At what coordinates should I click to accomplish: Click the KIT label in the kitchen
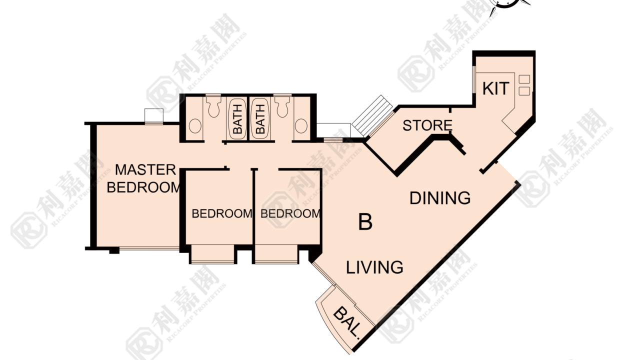pos(495,88)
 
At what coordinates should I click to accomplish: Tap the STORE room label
pos(427,125)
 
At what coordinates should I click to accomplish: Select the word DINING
pos(440,198)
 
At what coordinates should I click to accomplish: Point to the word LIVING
pos(374,267)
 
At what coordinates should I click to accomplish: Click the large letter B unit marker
pos(365,222)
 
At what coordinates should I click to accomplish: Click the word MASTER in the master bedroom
pos(145,169)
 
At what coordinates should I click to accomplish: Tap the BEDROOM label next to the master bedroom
pos(221,213)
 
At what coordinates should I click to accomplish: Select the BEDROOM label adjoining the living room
pos(290,213)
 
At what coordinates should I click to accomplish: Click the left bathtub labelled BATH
pos(237,119)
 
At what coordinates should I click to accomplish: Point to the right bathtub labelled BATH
pos(260,119)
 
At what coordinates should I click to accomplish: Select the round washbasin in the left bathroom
pos(195,126)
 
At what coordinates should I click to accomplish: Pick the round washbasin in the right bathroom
pos(301,126)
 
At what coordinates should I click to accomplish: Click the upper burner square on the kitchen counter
pos(524,79)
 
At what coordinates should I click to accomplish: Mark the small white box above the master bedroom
pos(154,115)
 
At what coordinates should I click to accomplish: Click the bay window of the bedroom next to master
pos(212,254)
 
